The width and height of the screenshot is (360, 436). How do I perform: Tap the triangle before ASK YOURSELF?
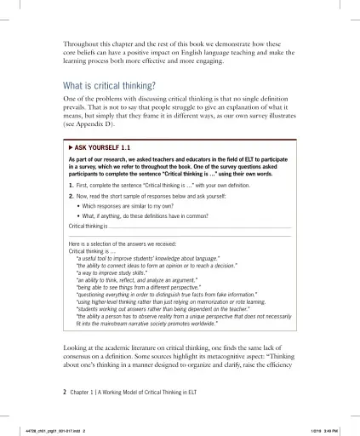coord(71,147)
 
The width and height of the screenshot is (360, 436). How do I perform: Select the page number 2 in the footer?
coord(66,393)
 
